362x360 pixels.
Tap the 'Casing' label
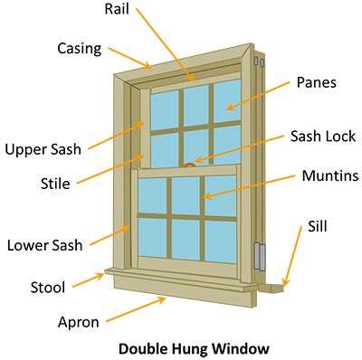(x=79, y=48)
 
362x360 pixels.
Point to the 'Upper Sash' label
(x=43, y=148)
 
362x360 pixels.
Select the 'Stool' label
(x=47, y=288)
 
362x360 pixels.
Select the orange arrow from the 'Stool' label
(x=88, y=279)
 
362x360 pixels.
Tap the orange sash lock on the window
(x=189, y=165)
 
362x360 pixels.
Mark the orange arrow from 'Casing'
(x=130, y=58)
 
